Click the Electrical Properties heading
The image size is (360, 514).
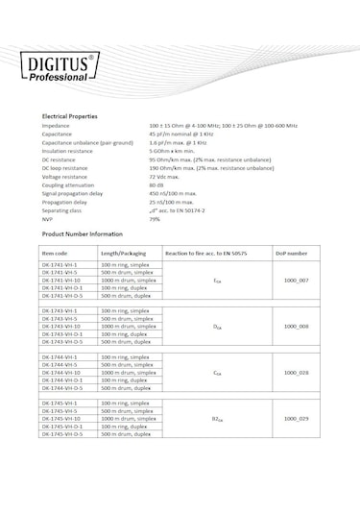coord(69,115)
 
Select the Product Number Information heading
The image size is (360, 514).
coord(82,234)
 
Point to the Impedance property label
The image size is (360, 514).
coord(56,126)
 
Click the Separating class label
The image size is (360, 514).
coord(61,210)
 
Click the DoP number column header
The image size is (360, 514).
coord(292,254)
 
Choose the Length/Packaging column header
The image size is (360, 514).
coord(124,254)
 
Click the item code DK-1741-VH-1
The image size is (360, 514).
coord(60,264)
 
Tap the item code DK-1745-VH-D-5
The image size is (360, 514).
coord(63,434)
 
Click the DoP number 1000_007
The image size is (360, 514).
coord(297,280)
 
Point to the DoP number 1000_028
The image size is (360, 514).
coord(297,373)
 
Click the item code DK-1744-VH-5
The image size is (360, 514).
coord(60,365)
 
